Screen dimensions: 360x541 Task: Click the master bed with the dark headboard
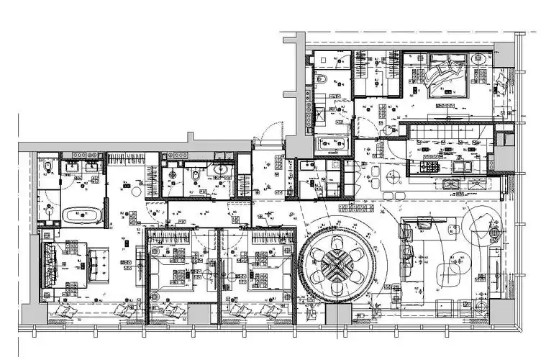(x=72, y=264)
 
